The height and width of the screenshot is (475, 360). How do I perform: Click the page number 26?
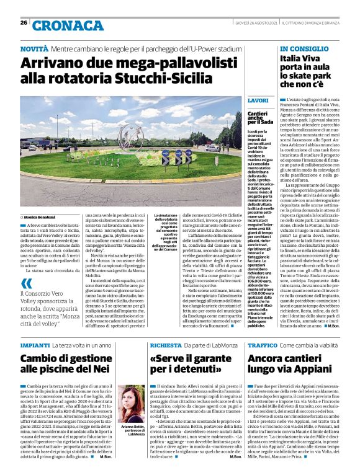click(24, 23)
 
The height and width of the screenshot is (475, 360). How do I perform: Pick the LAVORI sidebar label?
click(258, 100)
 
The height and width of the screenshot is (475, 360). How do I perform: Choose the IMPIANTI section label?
click(35, 344)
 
